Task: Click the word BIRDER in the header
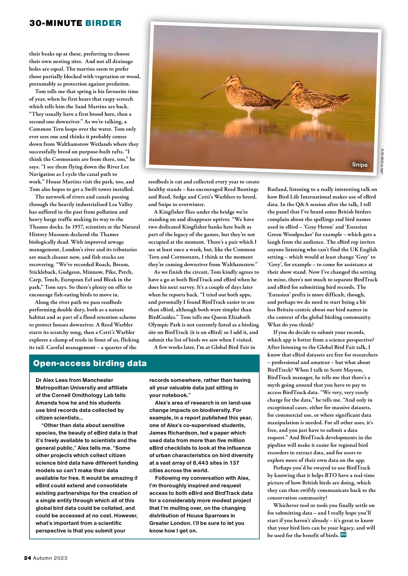click(103, 23)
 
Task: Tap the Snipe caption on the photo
click(359, 165)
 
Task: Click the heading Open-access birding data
click(90, 363)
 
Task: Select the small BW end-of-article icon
click(343, 535)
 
